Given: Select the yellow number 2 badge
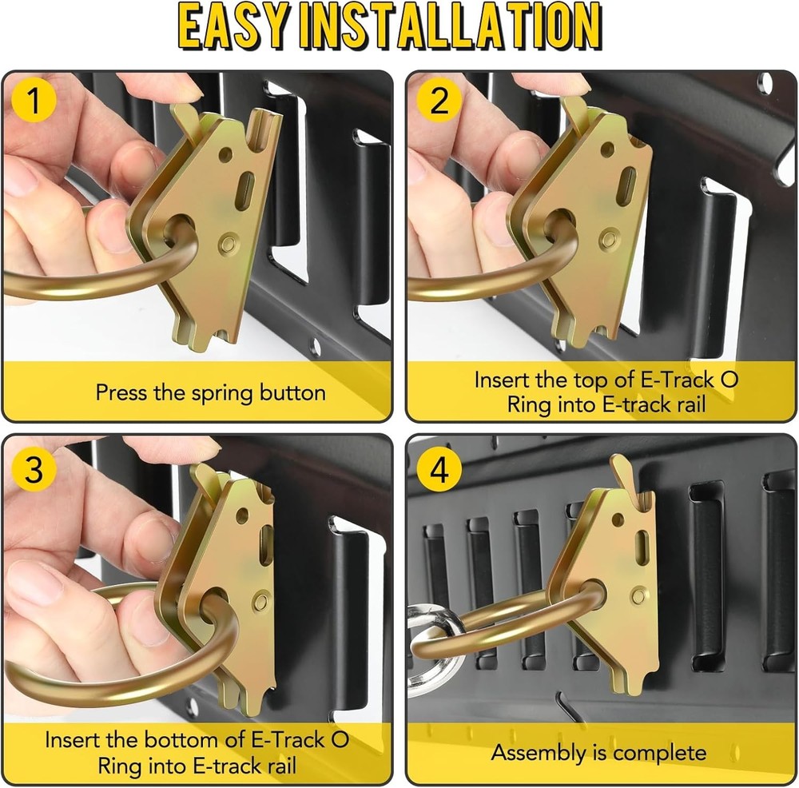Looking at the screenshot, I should pos(439,101).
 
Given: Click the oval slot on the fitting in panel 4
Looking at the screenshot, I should pos(641,548).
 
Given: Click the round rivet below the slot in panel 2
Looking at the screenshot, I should pos(608,237).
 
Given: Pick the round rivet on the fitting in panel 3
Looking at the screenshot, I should pos(259,600).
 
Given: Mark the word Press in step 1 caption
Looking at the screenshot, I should pos(118,393).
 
